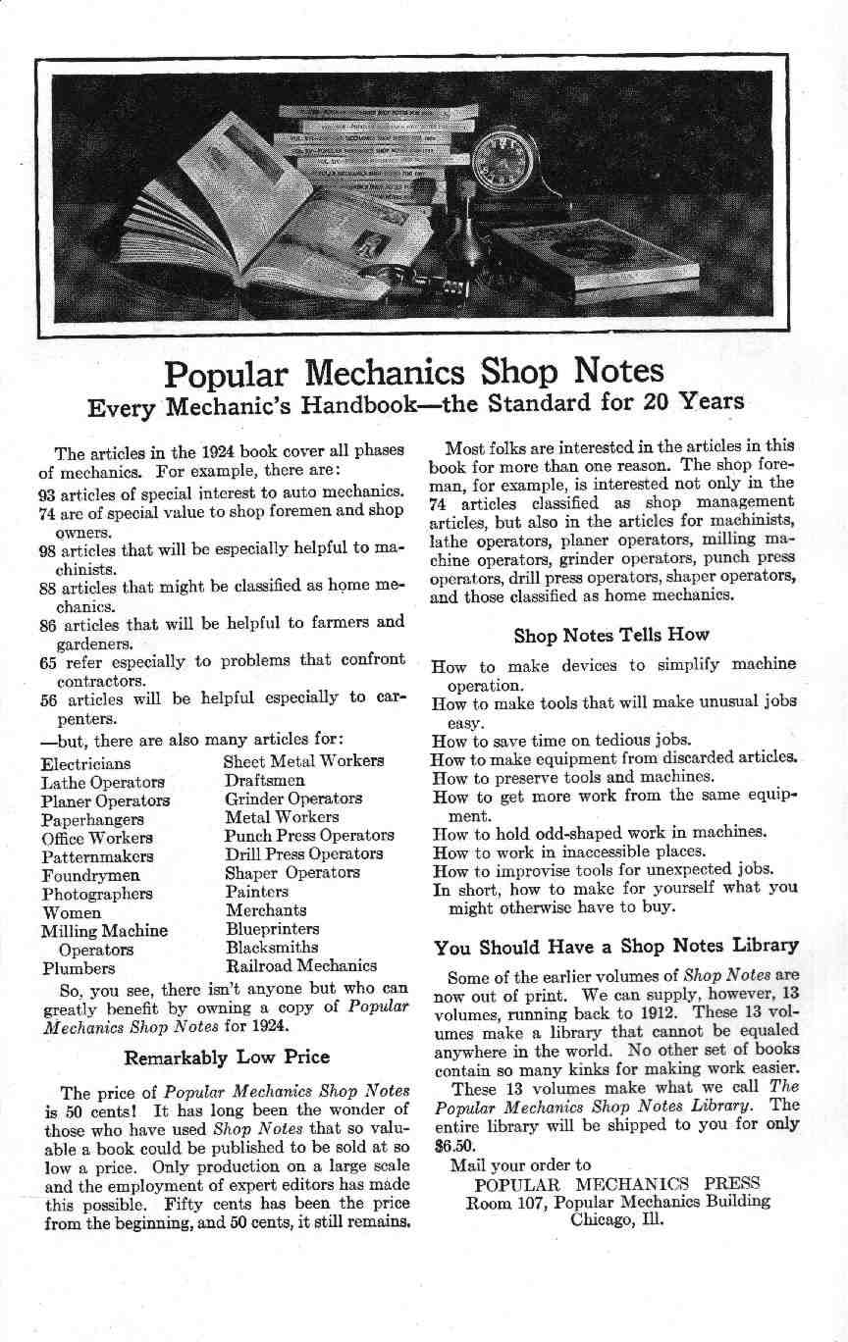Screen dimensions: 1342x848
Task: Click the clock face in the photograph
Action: (501, 157)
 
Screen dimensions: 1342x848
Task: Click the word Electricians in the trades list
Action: (86, 763)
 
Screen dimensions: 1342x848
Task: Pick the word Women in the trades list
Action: (71, 912)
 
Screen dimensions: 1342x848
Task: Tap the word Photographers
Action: (97, 894)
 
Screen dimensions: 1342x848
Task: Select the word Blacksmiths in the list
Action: (272, 948)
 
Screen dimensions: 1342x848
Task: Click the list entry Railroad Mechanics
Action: (301, 966)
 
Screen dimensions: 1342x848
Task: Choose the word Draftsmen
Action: (265, 781)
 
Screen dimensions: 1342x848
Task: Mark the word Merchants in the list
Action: (266, 910)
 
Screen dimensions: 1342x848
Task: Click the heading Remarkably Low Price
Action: (227, 1058)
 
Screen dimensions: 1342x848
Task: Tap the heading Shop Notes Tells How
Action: (611, 635)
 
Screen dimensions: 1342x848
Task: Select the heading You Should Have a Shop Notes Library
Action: (616, 947)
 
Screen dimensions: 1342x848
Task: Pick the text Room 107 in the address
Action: (500, 1202)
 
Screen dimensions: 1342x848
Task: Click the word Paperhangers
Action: (92, 819)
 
